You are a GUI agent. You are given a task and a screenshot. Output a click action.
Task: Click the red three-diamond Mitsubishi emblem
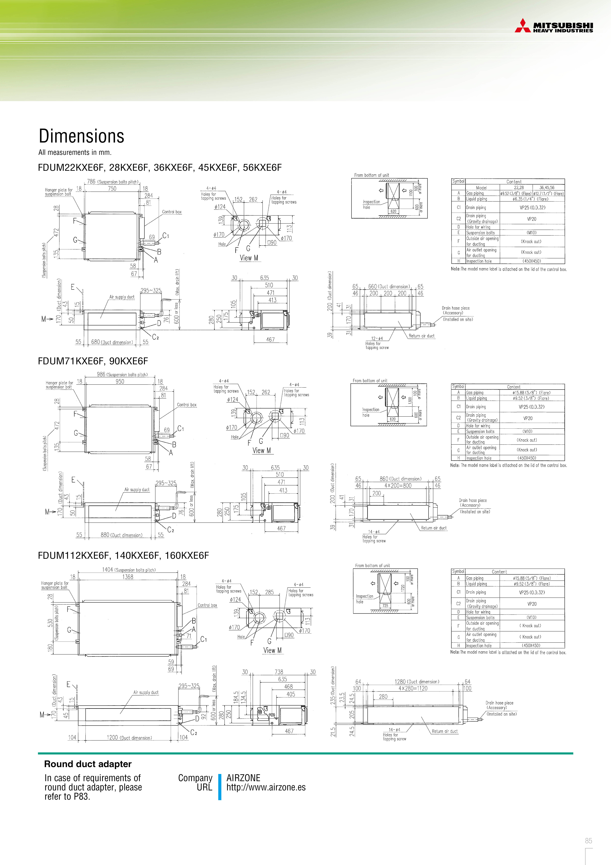(523, 26)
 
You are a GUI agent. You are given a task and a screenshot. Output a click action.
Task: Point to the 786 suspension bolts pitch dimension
(92, 182)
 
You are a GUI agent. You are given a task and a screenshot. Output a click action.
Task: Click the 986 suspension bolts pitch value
(101, 374)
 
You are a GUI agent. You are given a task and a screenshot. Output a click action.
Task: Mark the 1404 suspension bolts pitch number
(108, 570)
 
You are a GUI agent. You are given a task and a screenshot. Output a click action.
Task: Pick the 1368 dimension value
(128, 577)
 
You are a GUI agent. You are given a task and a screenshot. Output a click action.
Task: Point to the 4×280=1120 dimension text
(413, 688)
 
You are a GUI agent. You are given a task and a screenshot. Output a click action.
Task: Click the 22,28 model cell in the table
(519, 188)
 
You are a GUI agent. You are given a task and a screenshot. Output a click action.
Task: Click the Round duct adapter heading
(88, 764)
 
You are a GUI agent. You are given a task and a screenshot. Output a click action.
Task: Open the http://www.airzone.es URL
(266, 787)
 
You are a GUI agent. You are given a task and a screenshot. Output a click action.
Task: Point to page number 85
(588, 841)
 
